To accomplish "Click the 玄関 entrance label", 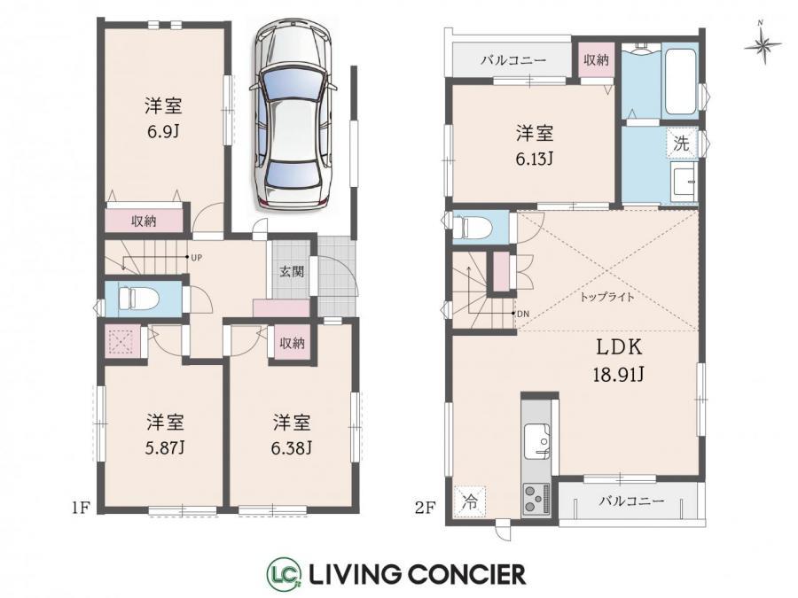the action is [292, 271].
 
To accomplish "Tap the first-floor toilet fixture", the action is [137, 298].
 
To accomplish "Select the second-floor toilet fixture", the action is [473, 227].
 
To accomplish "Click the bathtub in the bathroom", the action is [681, 82].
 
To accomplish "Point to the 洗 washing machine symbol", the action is [681, 143].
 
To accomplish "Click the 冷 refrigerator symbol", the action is [470, 501].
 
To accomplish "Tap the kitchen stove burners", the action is [536, 499].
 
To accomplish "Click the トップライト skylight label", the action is [607, 297].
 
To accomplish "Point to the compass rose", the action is [762, 44].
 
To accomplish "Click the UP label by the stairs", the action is [197, 258].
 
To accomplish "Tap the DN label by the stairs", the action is [523, 314].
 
